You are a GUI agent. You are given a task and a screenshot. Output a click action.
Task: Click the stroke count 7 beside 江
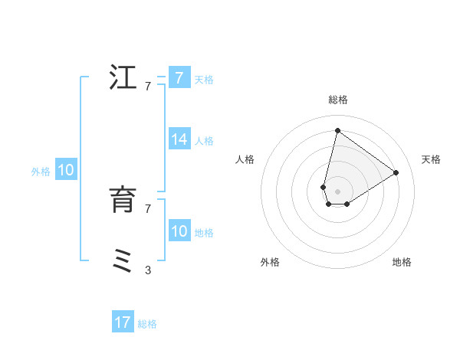148,87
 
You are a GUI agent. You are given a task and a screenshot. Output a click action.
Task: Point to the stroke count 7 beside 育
148,208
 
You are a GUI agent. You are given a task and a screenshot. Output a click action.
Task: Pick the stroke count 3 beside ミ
148,270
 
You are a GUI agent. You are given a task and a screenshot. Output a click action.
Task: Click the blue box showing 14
179,139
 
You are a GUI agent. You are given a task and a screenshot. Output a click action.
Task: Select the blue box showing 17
123,322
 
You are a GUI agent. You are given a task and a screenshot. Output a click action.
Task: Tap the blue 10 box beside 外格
66,170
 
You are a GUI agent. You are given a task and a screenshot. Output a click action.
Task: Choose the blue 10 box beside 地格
179,231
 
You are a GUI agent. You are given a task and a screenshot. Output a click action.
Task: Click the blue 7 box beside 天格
179,78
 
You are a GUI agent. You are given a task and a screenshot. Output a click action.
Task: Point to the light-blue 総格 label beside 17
147,324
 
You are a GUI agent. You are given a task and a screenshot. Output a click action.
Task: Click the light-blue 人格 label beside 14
204,141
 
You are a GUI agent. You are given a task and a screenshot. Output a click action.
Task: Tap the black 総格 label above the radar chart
338,100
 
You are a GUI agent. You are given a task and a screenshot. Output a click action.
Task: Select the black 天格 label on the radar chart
431,159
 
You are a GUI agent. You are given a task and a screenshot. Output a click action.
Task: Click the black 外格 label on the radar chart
270,262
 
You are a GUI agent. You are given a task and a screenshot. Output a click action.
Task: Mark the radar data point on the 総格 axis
337,130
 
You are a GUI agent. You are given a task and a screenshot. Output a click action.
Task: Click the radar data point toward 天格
396,172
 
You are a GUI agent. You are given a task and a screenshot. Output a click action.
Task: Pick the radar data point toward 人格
324,187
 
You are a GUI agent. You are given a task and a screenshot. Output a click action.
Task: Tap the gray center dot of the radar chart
337,191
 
